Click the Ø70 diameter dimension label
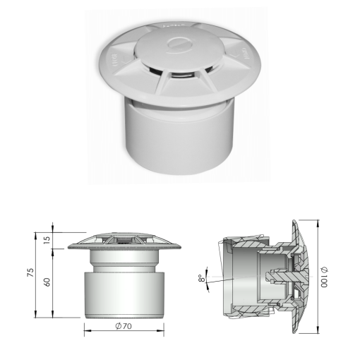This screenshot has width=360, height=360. click(124, 326)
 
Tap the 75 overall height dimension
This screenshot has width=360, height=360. click(30, 274)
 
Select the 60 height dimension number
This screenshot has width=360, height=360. click(47, 282)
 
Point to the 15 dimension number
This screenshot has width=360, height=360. click(47, 239)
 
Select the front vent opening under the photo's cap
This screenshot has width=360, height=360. click(182, 76)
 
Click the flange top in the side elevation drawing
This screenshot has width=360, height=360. click(124, 242)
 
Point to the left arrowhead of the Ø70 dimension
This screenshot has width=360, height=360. click(86, 326)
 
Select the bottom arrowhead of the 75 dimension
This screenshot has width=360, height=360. click(36, 315)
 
